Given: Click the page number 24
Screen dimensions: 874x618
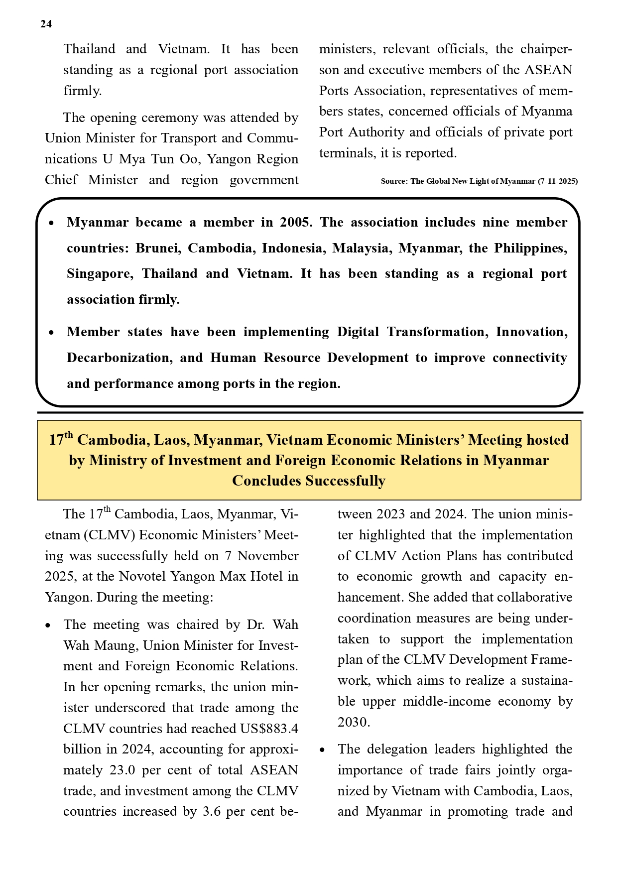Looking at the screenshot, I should (46, 24).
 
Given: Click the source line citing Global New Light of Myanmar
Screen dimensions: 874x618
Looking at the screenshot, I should (479, 181).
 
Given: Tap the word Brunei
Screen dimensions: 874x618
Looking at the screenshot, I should (157, 248).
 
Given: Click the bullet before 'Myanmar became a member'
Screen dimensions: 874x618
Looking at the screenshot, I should (51, 224).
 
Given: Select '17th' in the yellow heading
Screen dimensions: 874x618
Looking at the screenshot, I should (61, 439).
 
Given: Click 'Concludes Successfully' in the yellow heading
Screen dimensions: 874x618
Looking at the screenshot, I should (309, 481).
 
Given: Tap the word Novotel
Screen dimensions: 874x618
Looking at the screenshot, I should (143, 576).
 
